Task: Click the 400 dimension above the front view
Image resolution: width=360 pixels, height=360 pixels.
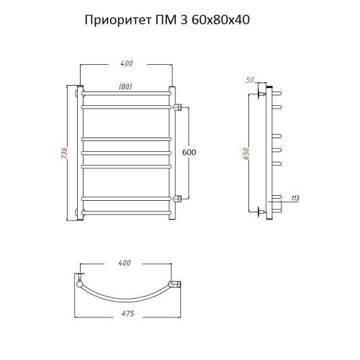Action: point(127,64)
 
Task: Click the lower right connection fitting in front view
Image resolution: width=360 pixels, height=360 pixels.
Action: point(176,197)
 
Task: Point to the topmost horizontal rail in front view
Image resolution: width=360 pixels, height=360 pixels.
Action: point(126,95)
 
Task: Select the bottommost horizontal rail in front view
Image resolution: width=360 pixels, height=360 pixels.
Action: point(126,212)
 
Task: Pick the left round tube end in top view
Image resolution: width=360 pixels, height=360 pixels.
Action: point(78,283)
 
